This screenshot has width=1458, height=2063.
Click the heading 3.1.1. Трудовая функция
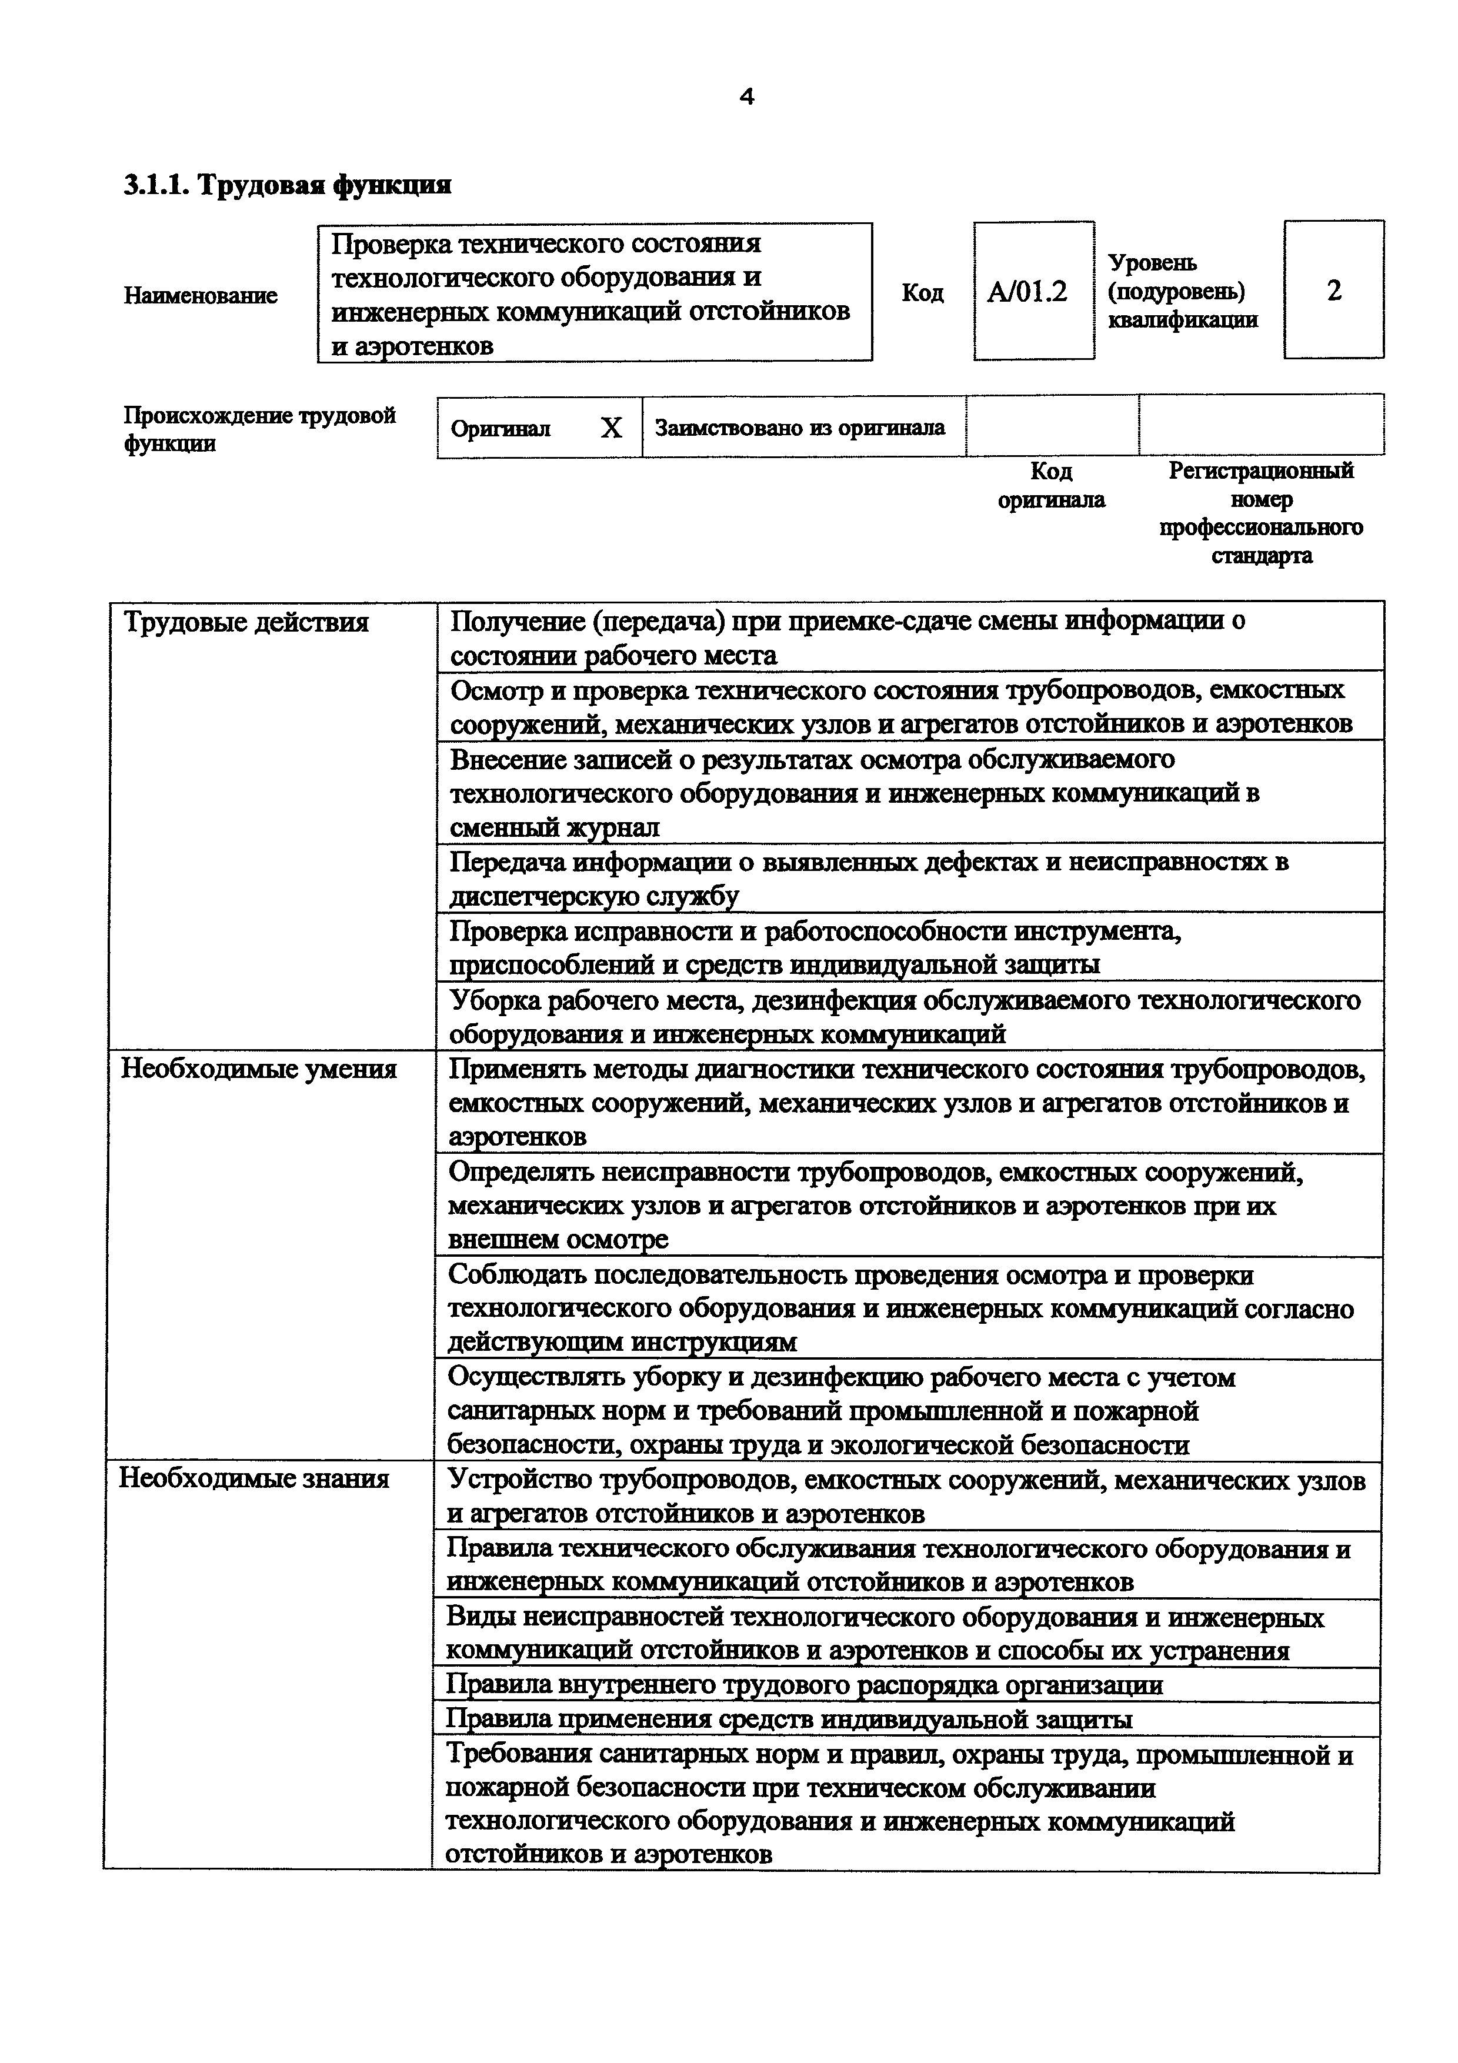coord(288,185)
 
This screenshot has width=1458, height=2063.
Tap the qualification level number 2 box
coord(1333,291)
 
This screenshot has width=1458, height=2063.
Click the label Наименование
coord(201,296)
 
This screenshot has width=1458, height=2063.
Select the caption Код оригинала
coord(1051,485)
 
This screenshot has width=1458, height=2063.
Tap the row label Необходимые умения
coord(259,1069)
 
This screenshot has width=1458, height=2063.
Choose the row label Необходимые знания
coord(254,1479)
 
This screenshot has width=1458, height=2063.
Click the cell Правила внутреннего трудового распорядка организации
coord(804,1685)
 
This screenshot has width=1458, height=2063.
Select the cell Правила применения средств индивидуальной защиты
coord(789,1720)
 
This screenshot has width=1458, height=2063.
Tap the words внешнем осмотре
coord(558,1239)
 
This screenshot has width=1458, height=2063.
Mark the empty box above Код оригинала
coord(1052,426)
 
